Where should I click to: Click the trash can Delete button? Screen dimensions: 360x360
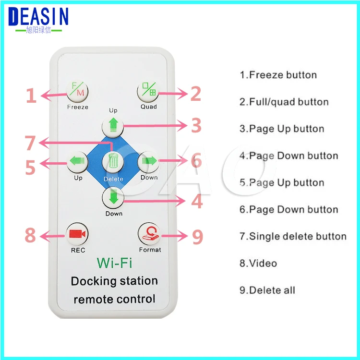113,162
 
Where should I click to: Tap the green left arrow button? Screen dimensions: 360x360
77,162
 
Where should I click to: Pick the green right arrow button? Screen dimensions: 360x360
149,162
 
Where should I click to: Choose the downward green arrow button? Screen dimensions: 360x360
113,197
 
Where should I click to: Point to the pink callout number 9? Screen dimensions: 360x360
197,237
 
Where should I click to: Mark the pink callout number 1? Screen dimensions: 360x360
31,95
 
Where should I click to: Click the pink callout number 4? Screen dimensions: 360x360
197,201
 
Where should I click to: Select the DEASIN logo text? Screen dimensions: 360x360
39,17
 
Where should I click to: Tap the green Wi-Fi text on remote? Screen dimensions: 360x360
114,263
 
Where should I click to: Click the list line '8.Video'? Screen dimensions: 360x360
258,263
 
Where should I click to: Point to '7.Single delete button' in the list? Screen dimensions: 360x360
293,236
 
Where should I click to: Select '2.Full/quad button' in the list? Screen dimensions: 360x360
284,102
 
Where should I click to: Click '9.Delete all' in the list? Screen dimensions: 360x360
267,290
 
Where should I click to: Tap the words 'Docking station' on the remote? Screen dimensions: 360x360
114,281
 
